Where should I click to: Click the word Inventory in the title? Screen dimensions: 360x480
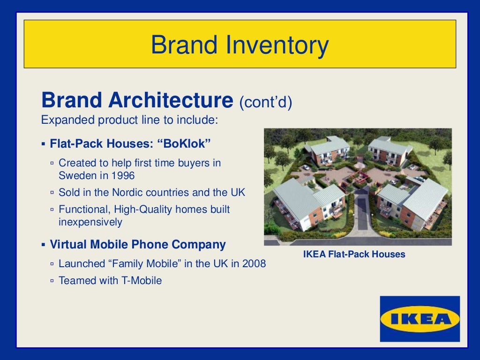click(x=275, y=45)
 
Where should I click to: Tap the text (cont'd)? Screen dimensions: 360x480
click(x=266, y=102)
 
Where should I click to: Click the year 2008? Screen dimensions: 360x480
click(x=254, y=263)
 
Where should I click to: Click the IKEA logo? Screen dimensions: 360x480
click(x=420, y=319)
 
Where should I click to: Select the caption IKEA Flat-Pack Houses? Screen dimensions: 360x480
click(x=354, y=255)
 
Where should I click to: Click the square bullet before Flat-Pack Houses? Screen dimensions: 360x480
click(x=43, y=144)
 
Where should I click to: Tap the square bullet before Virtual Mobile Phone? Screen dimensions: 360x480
click(x=43, y=245)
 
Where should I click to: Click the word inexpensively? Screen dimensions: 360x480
click(x=90, y=222)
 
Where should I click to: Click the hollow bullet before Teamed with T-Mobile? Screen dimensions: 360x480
click(x=52, y=281)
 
